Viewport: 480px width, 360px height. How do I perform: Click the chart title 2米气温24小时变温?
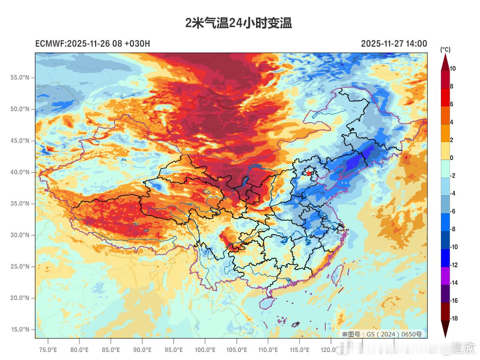point(239,23)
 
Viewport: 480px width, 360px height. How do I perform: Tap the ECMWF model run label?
point(92,44)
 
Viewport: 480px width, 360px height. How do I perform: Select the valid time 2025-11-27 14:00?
point(394,44)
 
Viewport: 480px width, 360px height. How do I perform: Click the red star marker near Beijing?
point(309,173)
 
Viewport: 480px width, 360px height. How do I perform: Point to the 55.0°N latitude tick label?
point(20,77)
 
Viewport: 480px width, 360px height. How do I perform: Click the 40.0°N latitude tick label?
point(20,172)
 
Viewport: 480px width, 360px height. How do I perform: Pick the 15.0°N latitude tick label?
point(20,330)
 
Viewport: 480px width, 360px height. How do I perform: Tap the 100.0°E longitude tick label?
point(205,350)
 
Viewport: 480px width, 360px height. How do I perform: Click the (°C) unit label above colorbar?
point(445,50)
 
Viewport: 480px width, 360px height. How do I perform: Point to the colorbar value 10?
point(453,69)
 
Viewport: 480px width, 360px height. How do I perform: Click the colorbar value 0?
point(452,158)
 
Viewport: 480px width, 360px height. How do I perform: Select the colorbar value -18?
point(454,318)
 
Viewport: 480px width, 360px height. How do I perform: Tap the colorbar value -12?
point(454,265)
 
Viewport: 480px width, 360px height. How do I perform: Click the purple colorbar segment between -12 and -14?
point(445,274)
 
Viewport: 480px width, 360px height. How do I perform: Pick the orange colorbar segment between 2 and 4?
point(445,131)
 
